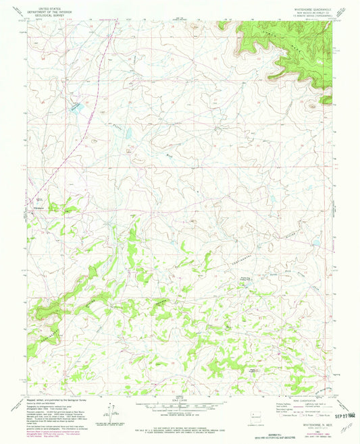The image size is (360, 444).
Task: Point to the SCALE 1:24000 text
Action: point(179,400)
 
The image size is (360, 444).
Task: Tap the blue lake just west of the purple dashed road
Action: point(78,107)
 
